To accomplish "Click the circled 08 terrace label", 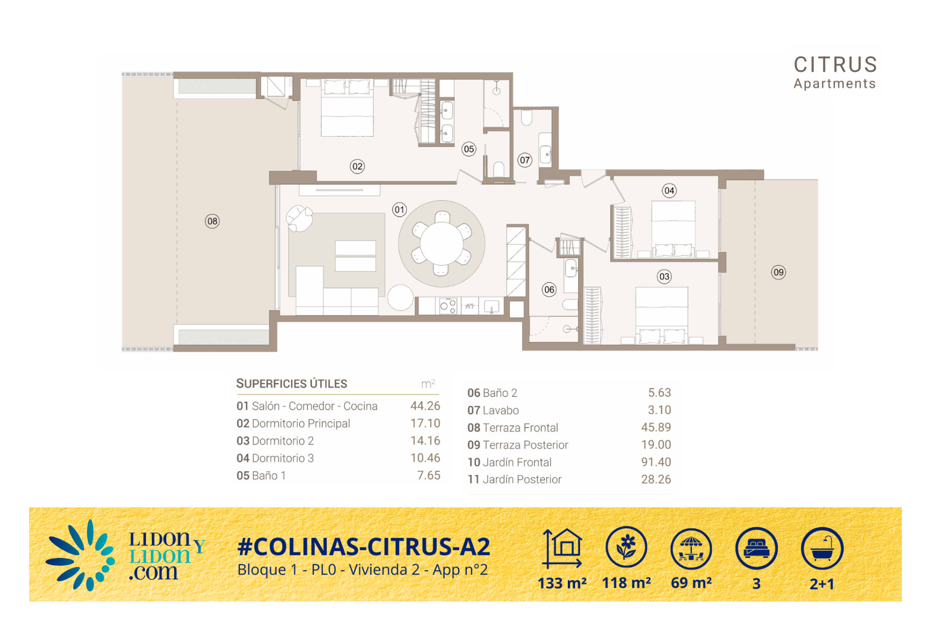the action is point(212,221).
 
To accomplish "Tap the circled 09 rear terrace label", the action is point(778,272).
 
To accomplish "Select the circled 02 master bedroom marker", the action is point(357,166).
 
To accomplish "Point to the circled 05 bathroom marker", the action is point(469,149).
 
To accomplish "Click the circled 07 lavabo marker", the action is point(525,160).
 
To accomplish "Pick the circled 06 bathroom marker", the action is point(549,290).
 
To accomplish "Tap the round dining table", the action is point(441,244).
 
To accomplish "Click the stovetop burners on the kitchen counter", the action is point(448,306).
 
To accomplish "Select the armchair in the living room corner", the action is point(299,218).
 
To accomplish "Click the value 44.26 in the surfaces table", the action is point(425,406).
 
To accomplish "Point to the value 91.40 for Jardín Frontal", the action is point(656,462).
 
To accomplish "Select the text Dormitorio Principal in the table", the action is point(301,424).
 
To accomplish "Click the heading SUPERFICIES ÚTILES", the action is point(291,383).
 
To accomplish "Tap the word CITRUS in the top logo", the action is point(835,65).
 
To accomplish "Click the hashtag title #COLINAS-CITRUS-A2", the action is point(364,547).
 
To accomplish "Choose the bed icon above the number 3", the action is point(756,548).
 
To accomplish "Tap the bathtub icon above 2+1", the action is point(822,548).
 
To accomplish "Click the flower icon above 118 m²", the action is point(626,547).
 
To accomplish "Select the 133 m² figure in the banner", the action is point(562,583).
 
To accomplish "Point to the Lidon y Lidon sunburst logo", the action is point(80,556).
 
